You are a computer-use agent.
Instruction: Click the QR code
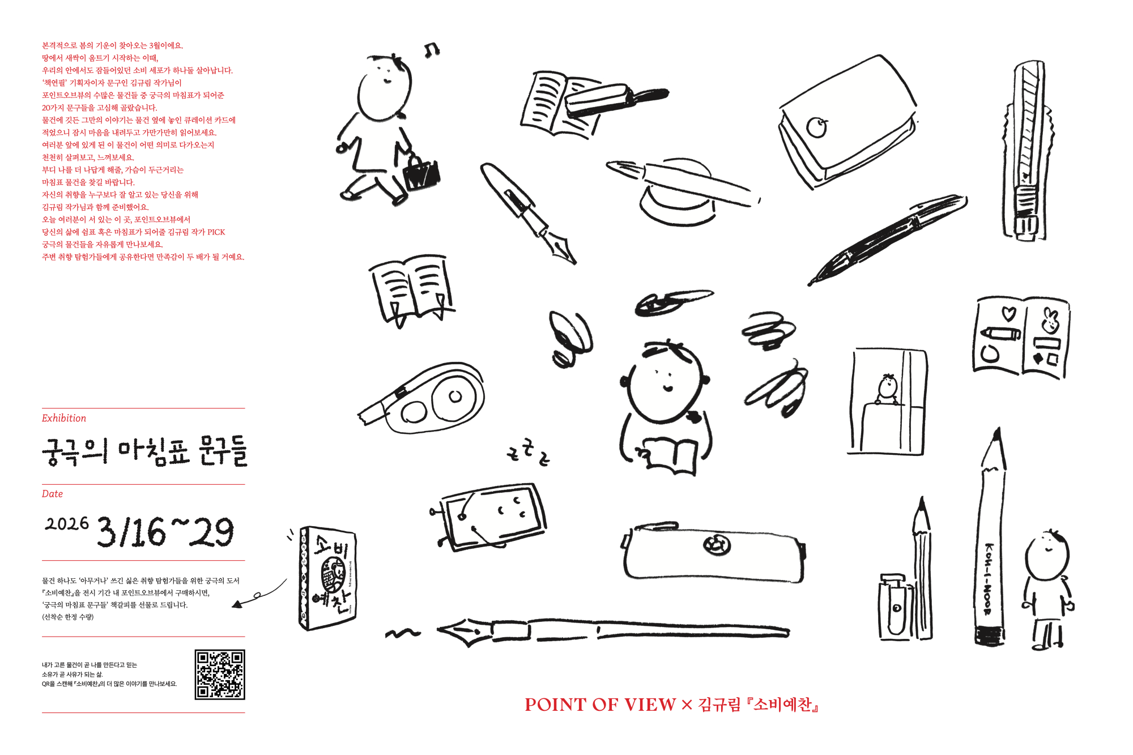click(x=220, y=674)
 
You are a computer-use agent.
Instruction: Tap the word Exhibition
click(x=64, y=418)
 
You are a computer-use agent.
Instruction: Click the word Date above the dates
click(x=52, y=494)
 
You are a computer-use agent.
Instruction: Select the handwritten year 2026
click(x=67, y=523)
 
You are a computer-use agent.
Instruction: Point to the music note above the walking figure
click(x=432, y=50)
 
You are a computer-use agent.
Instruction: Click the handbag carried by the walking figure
click(x=420, y=173)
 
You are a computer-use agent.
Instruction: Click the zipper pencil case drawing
click(x=714, y=551)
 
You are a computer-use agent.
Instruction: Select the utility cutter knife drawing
click(x=1028, y=152)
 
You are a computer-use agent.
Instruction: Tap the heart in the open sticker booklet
click(x=1009, y=313)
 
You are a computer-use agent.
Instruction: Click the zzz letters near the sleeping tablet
click(x=528, y=452)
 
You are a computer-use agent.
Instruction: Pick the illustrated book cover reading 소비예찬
click(x=327, y=578)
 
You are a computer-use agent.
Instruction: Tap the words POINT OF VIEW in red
click(x=600, y=705)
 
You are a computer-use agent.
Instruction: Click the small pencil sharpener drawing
click(x=894, y=607)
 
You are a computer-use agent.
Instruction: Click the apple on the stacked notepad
click(x=816, y=127)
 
